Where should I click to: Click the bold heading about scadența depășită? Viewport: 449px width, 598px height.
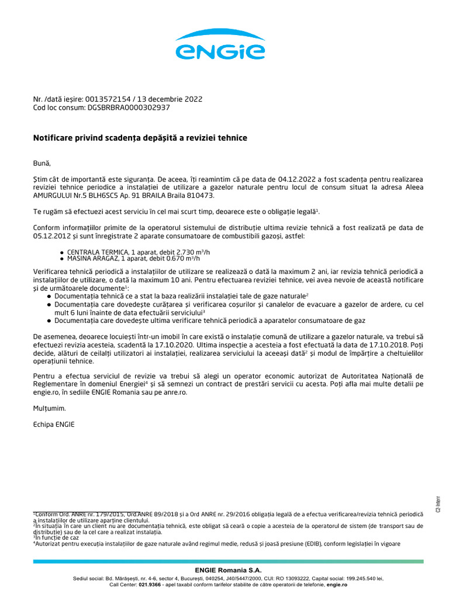[140, 138]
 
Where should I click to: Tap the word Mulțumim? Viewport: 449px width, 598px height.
[50, 408]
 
